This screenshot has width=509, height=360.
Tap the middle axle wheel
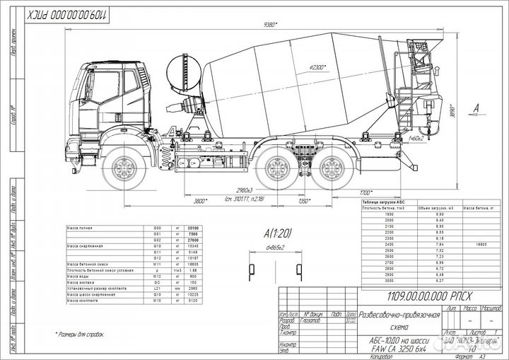click(x=279, y=170)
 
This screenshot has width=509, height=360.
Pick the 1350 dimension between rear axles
click(x=305, y=201)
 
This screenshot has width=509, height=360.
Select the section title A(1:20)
click(x=279, y=232)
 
